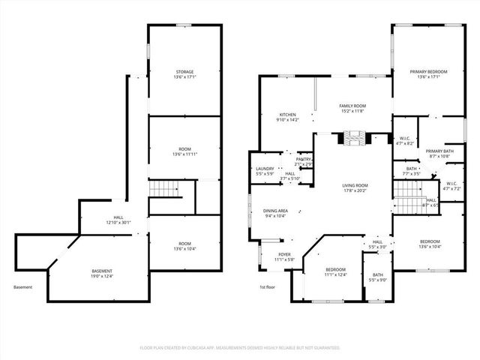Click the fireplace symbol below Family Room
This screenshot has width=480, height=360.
(355, 137)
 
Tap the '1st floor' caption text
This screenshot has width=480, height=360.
(268, 287)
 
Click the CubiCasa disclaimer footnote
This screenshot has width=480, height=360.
(240, 347)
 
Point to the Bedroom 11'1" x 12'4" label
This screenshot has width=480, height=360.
(335, 271)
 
